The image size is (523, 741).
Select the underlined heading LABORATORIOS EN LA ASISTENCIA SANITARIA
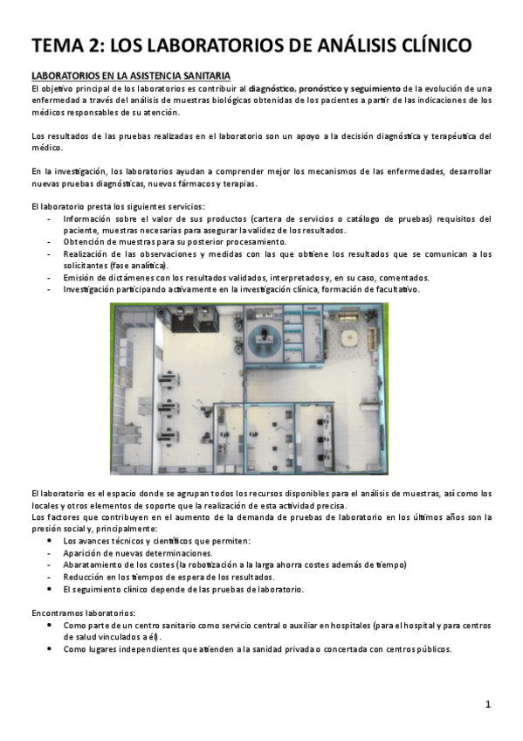[130, 77]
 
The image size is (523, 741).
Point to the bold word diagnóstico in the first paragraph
[272, 88]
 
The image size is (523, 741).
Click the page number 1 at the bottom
[489, 703]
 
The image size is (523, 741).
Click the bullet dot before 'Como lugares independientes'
[52, 649]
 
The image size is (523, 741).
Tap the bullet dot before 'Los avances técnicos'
[52, 541]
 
